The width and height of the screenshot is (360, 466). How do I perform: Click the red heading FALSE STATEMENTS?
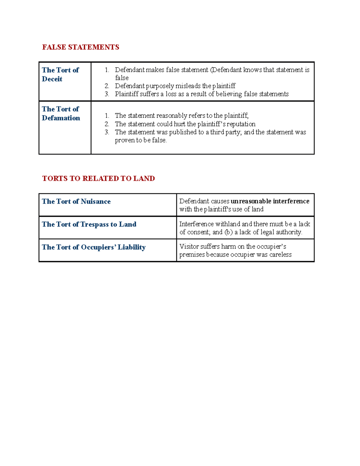(x=80, y=47)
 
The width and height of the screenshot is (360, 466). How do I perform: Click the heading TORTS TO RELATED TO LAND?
(x=98, y=179)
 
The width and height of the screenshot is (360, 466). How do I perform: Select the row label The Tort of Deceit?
(x=60, y=74)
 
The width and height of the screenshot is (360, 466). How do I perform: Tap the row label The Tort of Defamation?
(x=61, y=113)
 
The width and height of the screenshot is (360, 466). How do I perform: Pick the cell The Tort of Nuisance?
(x=76, y=201)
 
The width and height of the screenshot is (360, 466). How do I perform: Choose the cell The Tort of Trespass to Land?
(x=89, y=224)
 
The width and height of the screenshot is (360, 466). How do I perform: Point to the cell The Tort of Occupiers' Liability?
(x=94, y=247)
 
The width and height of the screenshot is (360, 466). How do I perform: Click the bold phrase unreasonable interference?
(x=270, y=201)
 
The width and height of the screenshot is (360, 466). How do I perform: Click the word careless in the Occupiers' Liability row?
(x=280, y=255)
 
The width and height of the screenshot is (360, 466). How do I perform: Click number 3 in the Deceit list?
(x=107, y=94)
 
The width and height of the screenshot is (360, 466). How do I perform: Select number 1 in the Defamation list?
(x=107, y=116)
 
